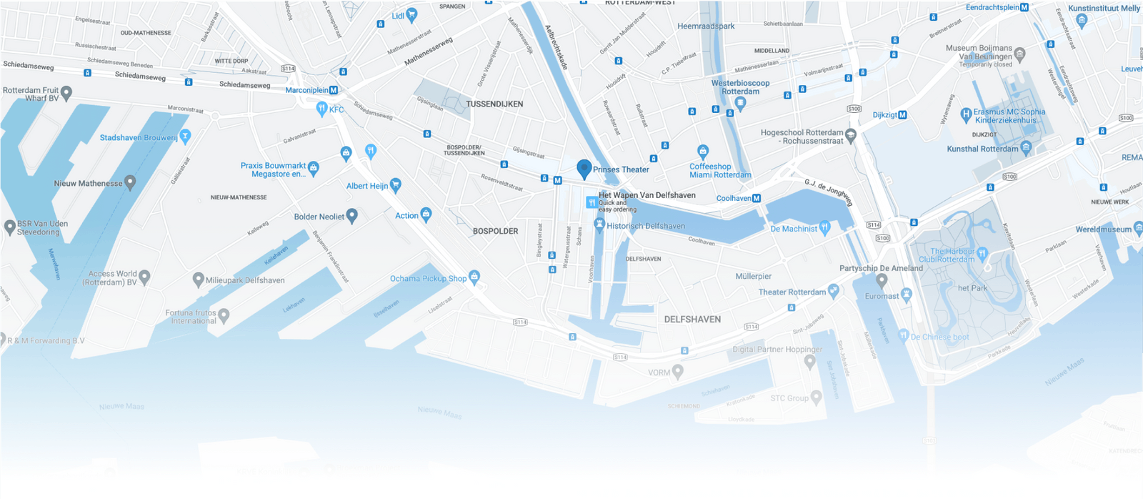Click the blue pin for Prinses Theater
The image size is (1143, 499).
tap(584, 169)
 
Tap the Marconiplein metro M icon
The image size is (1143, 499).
tap(334, 90)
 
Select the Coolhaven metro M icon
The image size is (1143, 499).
tap(757, 198)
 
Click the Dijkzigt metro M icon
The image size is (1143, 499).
tap(902, 114)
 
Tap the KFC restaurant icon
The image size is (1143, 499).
tap(321, 109)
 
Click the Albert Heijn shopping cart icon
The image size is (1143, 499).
tap(396, 185)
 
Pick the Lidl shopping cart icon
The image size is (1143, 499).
tap(411, 14)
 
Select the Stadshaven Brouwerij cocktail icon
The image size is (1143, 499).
tap(185, 135)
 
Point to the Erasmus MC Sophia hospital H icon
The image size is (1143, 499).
tap(966, 113)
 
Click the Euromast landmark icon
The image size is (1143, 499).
tap(907, 294)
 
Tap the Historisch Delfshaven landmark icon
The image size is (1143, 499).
tap(599, 225)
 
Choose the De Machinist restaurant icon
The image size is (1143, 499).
tap(825, 227)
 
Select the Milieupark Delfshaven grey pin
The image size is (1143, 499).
tap(199, 280)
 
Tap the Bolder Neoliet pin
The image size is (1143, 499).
tap(352, 215)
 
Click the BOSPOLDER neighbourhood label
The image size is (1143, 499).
tap(495, 231)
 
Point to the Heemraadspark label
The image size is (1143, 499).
tap(706, 26)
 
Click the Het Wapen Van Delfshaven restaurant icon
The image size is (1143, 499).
tap(592, 202)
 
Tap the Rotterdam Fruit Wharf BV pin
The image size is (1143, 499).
tap(66, 92)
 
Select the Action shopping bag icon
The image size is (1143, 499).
tap(426, 214)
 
